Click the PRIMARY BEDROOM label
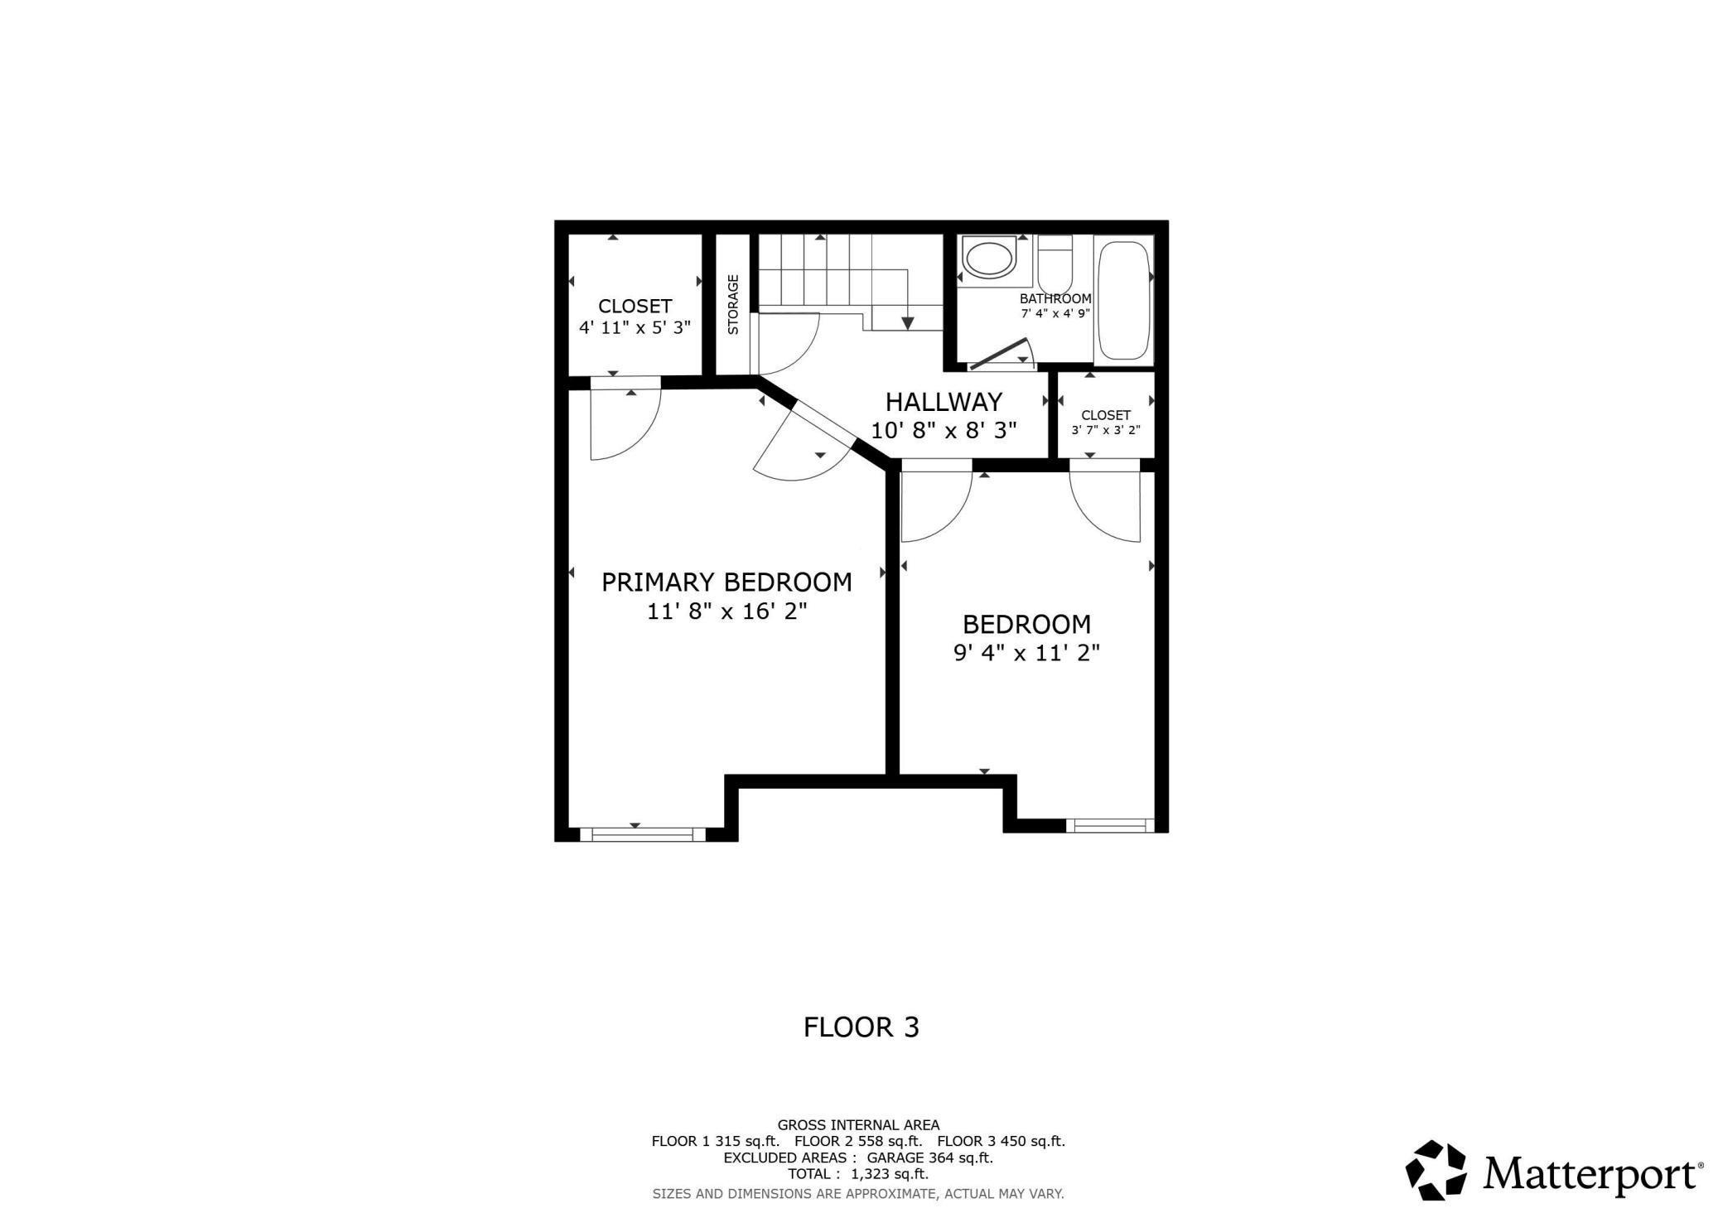pyautogui.click(x=726, y=582)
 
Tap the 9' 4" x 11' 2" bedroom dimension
pyautogui.click(x=1026, y=654)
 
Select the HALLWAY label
pyautogui.click(x=944, y=402)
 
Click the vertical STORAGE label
pyautogui.click(x=733, y=304)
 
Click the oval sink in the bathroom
pyautogui.click(x=987, y=259)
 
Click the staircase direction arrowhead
pyautogui.click(x=908, y=322)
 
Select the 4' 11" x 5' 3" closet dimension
pyautogui.click(x=635, y=328)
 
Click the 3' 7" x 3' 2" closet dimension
pyautogui.click(x=1106, y=431)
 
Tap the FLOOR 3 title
pyautogui.click(x=861, y=1028)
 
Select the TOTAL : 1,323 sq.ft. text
pyautogui.click(x=857, y=1174)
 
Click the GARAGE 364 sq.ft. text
pyautogui.click(x=929, y=1158)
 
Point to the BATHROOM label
pyautogui.click(x=1055, y=299)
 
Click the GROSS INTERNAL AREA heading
pyautogui.click(x=858, y=1125)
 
